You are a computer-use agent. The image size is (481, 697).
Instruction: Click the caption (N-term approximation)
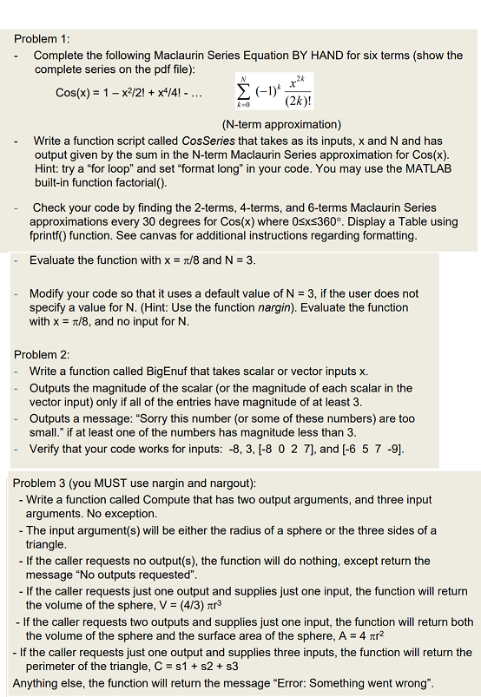point(270,124)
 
